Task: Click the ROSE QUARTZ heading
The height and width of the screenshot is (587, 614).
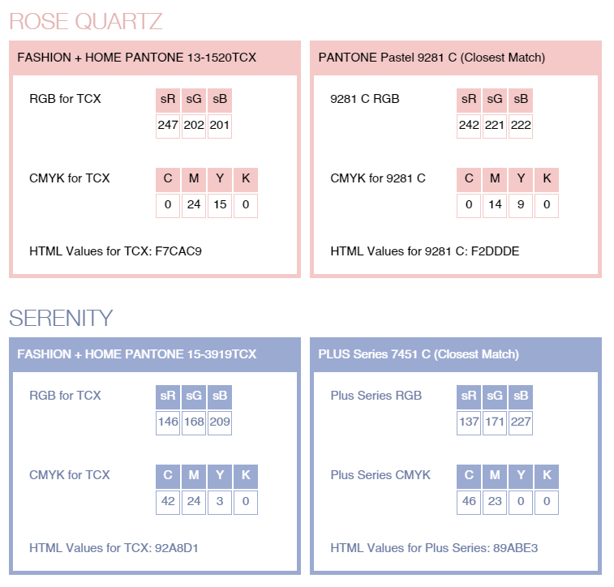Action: [86, 21]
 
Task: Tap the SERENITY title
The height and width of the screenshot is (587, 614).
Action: [61, 318]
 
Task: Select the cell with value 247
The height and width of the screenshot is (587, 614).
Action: [168, 126]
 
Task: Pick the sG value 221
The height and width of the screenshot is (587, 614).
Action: [495, 126]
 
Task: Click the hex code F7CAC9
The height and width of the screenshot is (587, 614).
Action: [178, 251]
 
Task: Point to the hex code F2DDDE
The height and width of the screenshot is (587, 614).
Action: [496, 251]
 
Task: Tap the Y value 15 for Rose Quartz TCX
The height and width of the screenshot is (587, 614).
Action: [220, 205]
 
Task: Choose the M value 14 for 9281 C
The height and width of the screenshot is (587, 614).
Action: [495, 205]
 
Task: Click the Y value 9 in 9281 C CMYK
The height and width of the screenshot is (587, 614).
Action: [521, 205]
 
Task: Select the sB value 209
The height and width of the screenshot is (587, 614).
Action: [220, 422]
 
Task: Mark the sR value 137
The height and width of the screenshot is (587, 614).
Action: [469, 422]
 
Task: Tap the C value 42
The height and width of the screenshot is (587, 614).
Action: [168, 502]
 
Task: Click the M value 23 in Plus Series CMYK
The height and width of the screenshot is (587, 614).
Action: [495, 502]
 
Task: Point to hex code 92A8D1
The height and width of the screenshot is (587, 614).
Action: [177, 548]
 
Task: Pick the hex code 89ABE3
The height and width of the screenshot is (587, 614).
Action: [515, 548]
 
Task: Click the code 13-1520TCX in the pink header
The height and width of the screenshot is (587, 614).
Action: [221, 58]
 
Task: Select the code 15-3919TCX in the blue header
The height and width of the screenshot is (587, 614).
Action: [221, 354]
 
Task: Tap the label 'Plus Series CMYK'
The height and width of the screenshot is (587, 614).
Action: [380, 474]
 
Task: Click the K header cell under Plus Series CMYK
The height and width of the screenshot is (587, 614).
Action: [547, 476]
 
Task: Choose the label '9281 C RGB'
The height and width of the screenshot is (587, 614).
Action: [364, 99]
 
